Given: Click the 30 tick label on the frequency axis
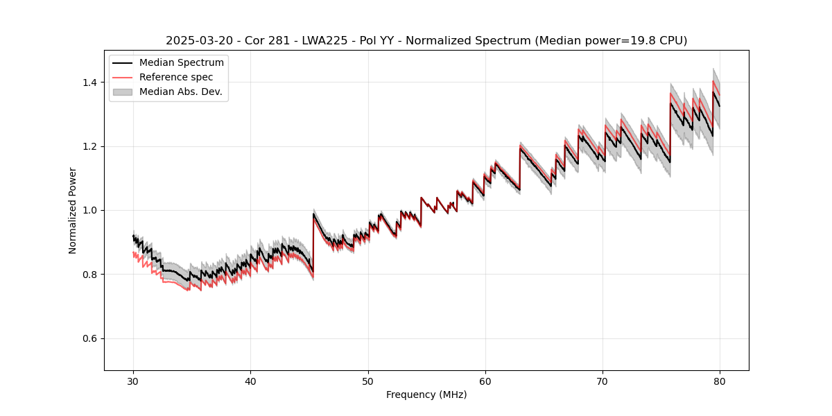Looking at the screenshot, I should click(x=133, y=381).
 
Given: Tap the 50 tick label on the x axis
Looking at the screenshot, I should click(x=367, y=381).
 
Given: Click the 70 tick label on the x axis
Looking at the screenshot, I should click(x=603, y=381).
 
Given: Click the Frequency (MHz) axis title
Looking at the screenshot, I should click(x=426, y=395).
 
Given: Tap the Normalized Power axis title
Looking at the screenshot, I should click(x=72, y=210).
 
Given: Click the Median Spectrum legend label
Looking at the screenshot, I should click(x=182, y=63).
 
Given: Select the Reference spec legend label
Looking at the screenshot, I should click(x=176, y=77).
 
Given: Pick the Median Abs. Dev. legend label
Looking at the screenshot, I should click(x=181, y=92).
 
